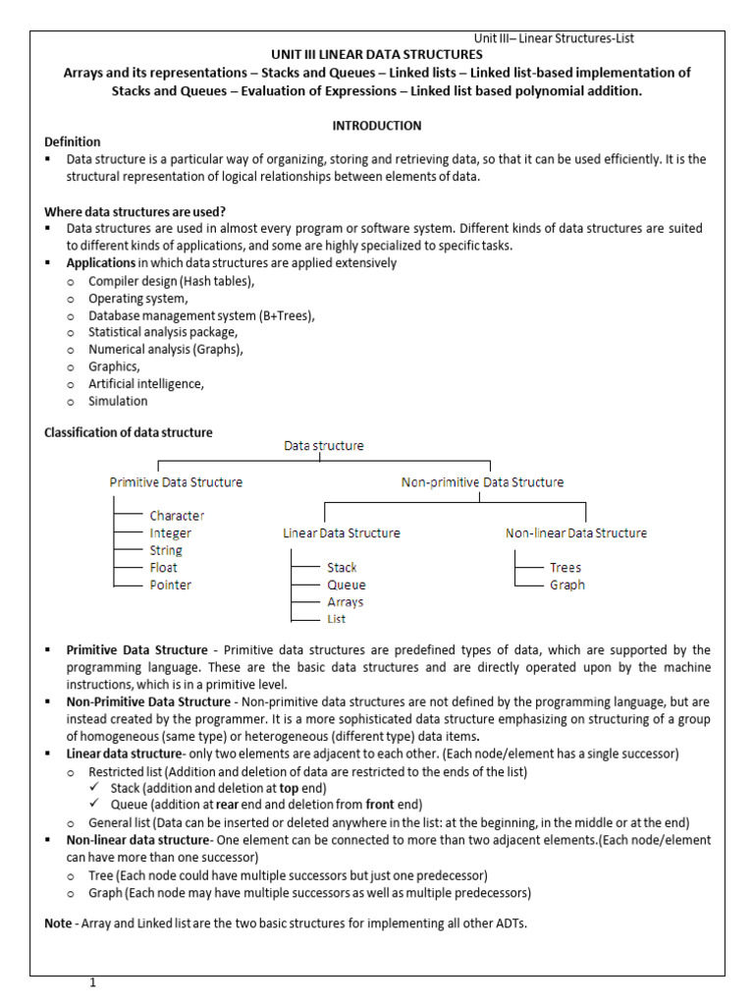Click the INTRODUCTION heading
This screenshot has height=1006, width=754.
point(376,126)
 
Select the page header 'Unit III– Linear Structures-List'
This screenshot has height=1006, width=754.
point(554,38)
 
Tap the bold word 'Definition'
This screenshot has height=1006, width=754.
point(73,141)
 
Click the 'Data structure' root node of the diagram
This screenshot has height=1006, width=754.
point(324,446)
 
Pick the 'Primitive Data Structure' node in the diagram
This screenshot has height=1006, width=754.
point(176,482)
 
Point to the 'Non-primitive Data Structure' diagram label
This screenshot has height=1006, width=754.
point(482,482)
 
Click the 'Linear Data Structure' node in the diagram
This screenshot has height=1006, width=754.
point(342,533)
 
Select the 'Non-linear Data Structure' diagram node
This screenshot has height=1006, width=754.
point(576,533)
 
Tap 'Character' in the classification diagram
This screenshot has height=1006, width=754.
point(178,516)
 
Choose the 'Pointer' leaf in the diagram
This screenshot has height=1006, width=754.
point(171,586)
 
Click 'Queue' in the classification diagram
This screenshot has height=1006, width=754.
point(347,586)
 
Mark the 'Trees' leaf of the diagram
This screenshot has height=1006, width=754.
point(565,568)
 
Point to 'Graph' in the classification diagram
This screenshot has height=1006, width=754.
point(567,586)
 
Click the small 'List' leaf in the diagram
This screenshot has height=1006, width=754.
point(337,620)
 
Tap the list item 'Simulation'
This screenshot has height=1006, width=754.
point(118,401)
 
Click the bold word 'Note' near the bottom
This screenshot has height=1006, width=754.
point(59,923)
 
